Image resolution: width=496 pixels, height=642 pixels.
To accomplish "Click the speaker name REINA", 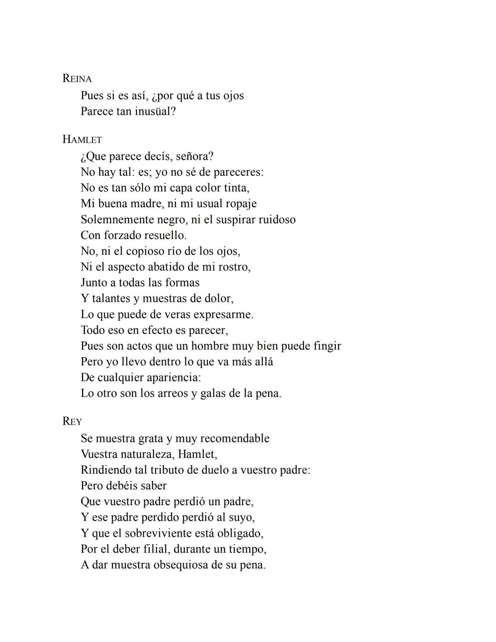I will pos(77,79).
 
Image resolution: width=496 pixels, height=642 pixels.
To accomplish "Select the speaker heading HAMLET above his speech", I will pos(82,139).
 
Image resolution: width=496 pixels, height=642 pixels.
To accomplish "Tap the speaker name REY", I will pos(72,421).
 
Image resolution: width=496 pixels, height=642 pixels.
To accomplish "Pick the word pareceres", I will pos(238,172).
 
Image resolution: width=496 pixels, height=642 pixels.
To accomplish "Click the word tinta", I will pos(237,187).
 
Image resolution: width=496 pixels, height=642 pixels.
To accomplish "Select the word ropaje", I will pos(241,204).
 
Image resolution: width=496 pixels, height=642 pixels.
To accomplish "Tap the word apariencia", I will pos(173,377).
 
